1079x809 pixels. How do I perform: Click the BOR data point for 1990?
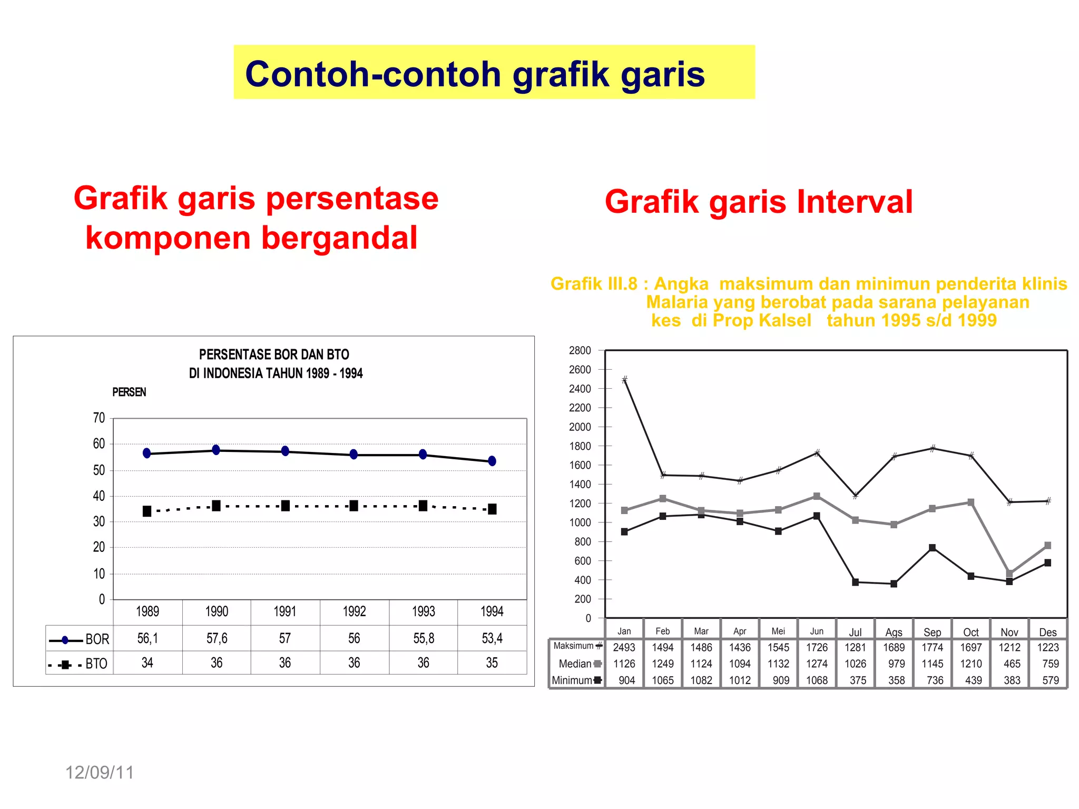pyautogui.click(x=216, y=450)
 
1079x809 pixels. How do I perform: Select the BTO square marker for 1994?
pyautogui.click(x=492, y=509)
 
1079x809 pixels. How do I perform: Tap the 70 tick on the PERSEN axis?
pyautogui.click(x=99, y=418)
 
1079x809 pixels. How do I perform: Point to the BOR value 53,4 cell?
pyautogui.click(x=492, y=638)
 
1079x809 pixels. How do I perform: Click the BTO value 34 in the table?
pyautogui.click(x=148, y=663)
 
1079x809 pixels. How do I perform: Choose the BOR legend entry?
pyautogui.click(x=80, y=639)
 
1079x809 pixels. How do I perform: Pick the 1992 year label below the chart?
pyautogui.click(x=354, y=611)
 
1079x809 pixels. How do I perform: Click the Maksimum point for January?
pyautogui.click(x=624, y=380)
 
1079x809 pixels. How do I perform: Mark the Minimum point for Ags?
pyautogui.click(x=894, y=584)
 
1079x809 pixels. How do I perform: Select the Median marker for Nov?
pyautogui.click(x=1009, y=574)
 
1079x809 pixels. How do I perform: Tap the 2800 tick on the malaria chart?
pyautogui.click(x=580, y=351)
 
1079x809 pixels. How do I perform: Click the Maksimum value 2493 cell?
pyautogui.click(x=624, y=647)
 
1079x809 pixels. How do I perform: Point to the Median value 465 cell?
pyautogui.click(x=1012, y=664)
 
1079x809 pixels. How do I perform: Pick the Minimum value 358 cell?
pyautogui.click(x=896, y=680)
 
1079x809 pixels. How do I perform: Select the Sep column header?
pyautogui.click(x=933, y=632)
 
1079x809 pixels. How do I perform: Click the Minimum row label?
pyautogui.click(x=572, y=680)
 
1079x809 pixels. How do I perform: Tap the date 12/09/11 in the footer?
pyautogui.click(x=100, y=773)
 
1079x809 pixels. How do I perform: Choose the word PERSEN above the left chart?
pyautogui.click(x=129, y=392)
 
